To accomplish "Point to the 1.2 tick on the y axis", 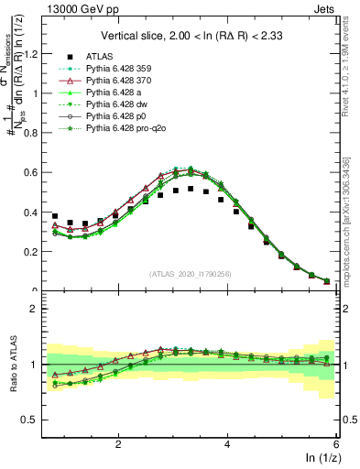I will click(33, 53).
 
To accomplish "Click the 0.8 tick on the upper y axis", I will click(33, 133).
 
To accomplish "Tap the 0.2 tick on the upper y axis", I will click(33, 252).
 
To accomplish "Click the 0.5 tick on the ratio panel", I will click(33, 420).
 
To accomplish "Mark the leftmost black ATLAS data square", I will click(55, 216).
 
